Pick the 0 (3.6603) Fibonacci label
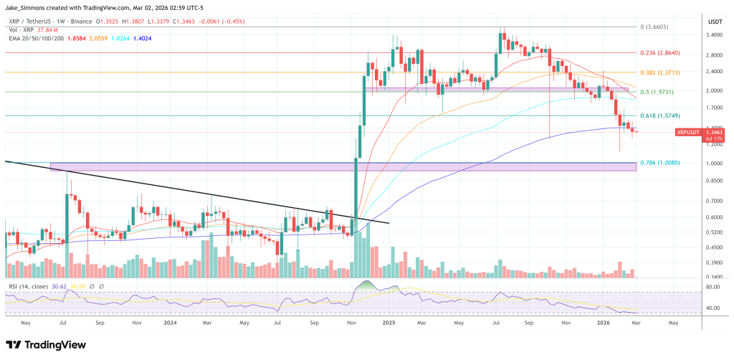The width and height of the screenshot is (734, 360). [x=654, y=27]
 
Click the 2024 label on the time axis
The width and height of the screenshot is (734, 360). [x=170, y=323]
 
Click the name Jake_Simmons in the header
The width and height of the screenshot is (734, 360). [x=28, y=6]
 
